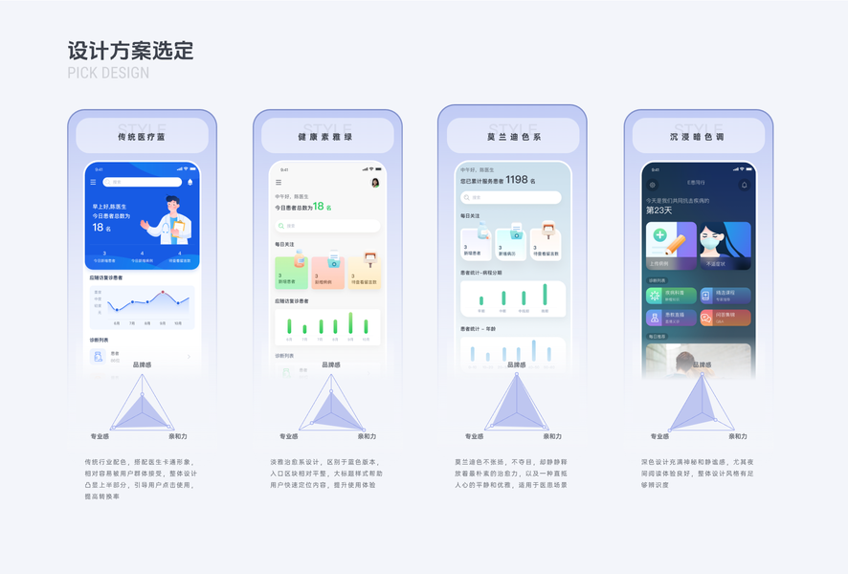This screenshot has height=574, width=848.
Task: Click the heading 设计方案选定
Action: [x=130, y=51]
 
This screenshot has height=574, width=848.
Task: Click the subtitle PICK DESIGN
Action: [x=108, y=74]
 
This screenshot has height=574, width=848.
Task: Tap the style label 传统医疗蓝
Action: [x=142, y=138]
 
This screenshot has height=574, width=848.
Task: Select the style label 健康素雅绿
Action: [x=327, y=138]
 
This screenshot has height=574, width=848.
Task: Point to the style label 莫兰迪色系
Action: [x=512, y=138]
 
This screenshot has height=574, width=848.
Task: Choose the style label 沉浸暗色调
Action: [x=698, y=138]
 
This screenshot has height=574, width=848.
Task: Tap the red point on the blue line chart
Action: [x=163, y=292]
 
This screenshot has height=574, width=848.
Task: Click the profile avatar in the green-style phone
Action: [x=375, y=183]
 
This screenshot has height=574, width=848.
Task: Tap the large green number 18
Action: [x=319, y=207]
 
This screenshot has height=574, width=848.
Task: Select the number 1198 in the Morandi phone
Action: [x=517, y=180]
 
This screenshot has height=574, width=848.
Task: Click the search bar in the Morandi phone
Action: [x=510, y=198]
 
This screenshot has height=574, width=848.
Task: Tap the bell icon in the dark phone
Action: [x=745, y=185]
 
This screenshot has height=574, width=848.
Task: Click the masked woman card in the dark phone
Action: [x=725, y=246]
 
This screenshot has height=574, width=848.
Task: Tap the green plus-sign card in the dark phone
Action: [x=671, y=246]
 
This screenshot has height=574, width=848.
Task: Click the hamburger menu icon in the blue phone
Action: [x=93, y=182]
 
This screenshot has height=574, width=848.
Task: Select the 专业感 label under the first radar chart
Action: [x=100, y=437]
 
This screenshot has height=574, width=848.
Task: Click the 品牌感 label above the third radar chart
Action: [x=516, y=365]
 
